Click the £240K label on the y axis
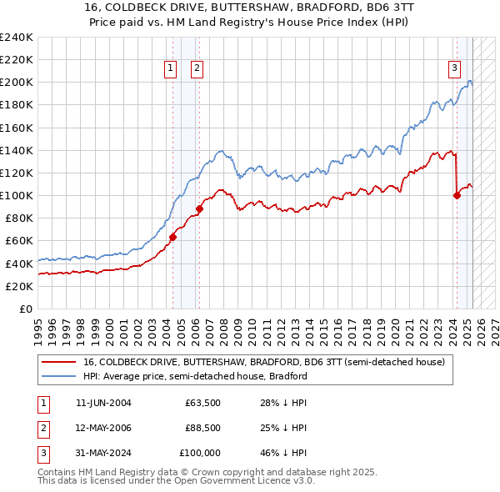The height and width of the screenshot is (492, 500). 17,38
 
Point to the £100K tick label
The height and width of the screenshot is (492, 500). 17,195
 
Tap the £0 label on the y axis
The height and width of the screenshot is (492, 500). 26,309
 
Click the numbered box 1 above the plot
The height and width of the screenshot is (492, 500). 170,68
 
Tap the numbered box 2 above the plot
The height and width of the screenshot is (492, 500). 197,68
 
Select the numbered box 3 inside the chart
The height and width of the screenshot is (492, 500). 454,68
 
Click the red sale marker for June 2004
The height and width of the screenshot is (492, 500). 172,237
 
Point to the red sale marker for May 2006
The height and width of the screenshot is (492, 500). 200,208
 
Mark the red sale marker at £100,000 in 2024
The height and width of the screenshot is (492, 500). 457,196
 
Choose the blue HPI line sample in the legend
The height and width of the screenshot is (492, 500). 58,376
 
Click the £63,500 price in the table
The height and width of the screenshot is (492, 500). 202,404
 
